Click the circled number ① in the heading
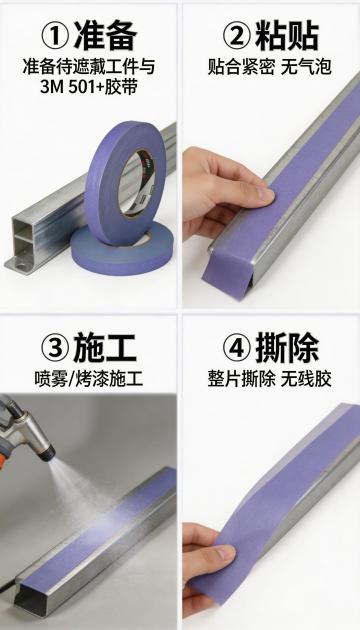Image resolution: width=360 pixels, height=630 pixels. pos(55,35)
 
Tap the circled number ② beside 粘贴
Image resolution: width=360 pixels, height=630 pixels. pos(237,35)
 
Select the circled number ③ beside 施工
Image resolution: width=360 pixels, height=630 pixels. pos(55,347)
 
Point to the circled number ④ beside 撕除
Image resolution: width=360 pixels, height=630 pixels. pos(237,347)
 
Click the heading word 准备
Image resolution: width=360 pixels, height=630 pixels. pos(105,35)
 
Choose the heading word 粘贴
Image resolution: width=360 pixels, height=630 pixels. pos(287,35)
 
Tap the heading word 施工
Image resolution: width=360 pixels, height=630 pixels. pos(105,347)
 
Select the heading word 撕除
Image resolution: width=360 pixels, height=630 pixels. pos(287,347)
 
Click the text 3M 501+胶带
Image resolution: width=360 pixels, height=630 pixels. pos(89,86)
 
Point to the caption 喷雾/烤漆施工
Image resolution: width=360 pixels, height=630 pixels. pos(89,378)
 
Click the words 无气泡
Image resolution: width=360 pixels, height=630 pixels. pos(306,66)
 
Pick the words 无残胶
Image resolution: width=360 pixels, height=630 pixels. pos(306,378)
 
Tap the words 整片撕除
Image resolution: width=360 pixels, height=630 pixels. pos(241,378)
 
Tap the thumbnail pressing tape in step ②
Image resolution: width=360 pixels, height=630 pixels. pos(266,194)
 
